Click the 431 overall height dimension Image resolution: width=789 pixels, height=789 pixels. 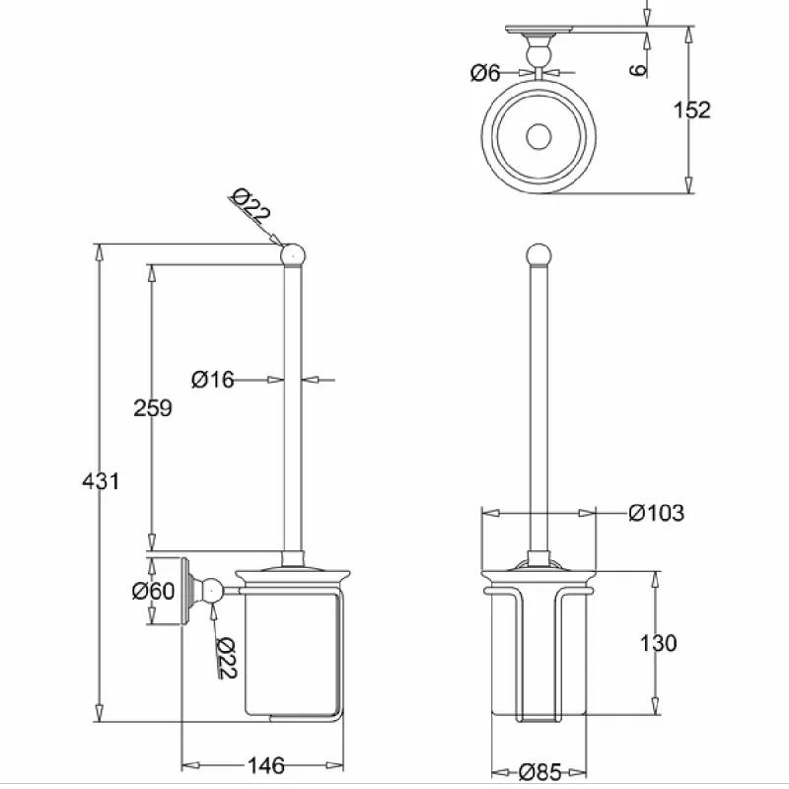(x=101, y=481)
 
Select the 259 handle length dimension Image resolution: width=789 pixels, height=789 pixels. (x=153, y=407)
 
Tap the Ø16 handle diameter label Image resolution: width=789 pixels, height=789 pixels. (x=213, y=380)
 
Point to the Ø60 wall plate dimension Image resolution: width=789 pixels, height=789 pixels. (x=153, y=591)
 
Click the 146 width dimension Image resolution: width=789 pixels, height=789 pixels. (x=266, y=765)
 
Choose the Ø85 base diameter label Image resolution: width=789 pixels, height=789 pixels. (x=539, y=771)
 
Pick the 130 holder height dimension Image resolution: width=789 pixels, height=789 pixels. (x=658, y=643)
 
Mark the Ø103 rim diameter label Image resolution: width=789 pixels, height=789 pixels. (x=657, y=513)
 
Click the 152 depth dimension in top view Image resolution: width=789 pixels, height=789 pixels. (x=692, y=109)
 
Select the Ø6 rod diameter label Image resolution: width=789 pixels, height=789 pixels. (x=485, y=73)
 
